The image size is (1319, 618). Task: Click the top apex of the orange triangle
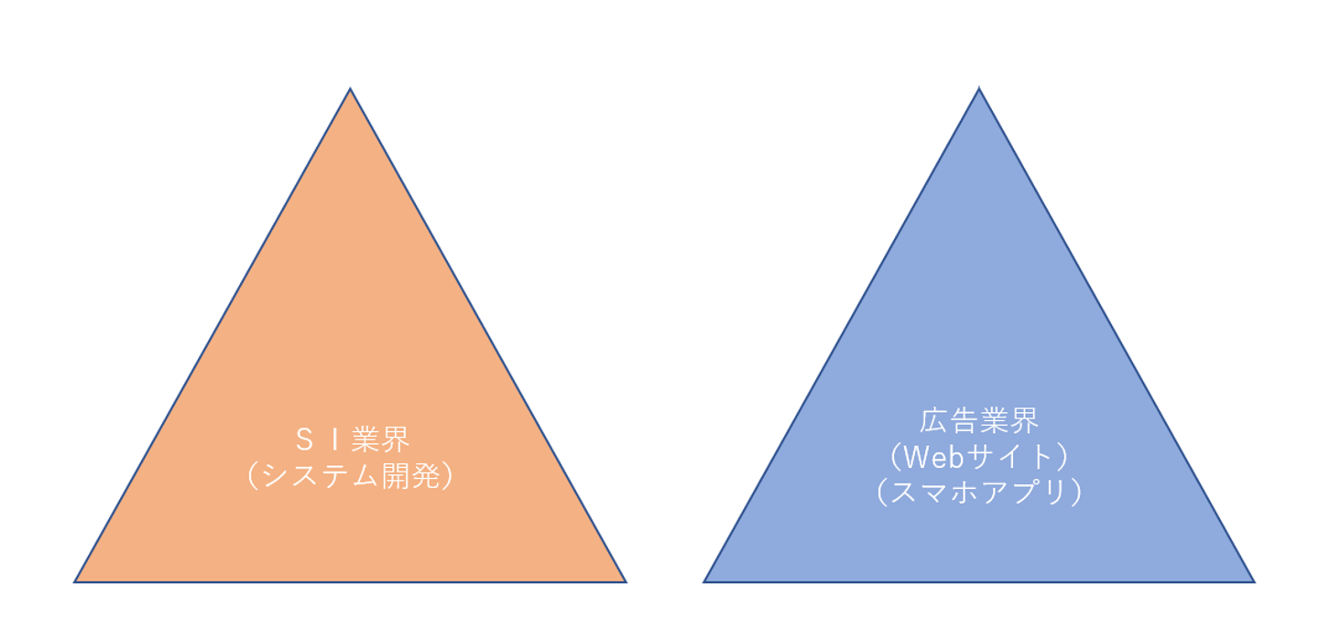tap(350, 89)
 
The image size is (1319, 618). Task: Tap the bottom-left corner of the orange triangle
tap(75, 581)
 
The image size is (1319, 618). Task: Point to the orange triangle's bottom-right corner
tap(626, 581)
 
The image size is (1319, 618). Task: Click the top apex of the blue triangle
tap(979, 89)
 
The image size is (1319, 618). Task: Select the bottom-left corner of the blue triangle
tap(704, 581)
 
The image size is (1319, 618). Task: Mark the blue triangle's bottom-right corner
tap(1254, 581)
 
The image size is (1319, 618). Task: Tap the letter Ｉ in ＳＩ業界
tap(334, 441)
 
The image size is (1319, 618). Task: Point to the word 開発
tap(409, 477)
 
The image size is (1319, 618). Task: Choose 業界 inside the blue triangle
tap(1008, 421)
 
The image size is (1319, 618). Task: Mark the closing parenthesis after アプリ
tap(1075, 492)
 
